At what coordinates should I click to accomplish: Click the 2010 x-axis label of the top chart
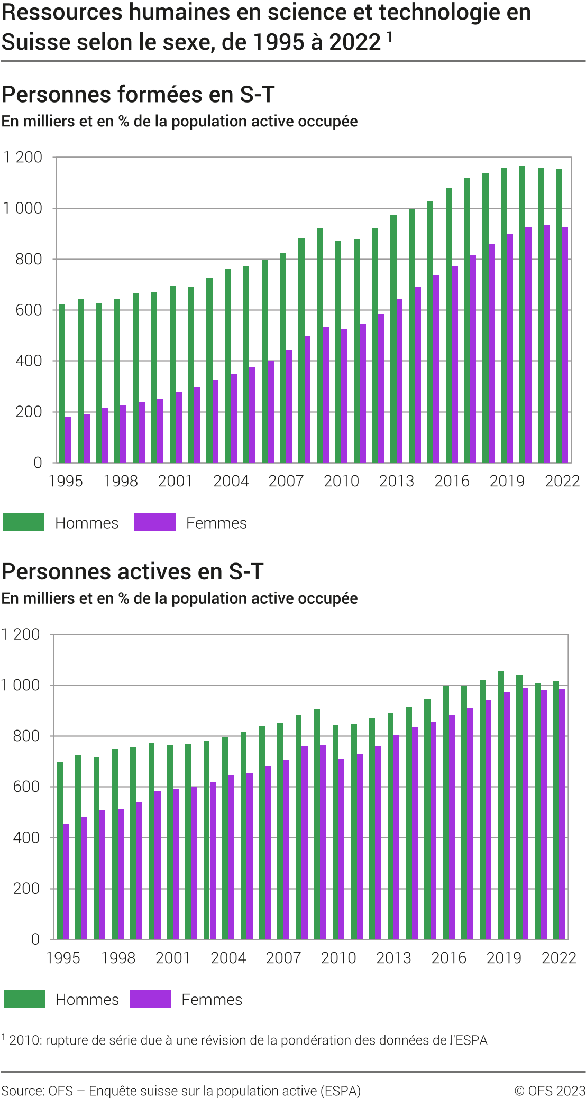coord(341,481)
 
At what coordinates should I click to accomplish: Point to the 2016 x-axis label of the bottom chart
coord(448,958)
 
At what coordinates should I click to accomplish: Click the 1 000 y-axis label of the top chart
coord(23,208)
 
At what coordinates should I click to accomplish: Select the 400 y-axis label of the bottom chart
coord(26,838)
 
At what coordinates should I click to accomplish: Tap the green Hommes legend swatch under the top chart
coord(24,522)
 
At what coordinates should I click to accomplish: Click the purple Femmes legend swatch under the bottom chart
coord(150,999)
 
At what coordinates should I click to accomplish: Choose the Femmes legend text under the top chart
coord(216,523)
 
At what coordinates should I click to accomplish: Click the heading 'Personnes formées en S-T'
coord(138,95)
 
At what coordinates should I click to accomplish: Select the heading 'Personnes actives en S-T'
coord(132,572)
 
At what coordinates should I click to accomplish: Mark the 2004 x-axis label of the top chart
coord(231,481)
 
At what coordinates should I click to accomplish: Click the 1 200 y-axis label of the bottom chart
coord(21,634)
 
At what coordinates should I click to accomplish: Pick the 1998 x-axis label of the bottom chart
coord(118,958)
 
